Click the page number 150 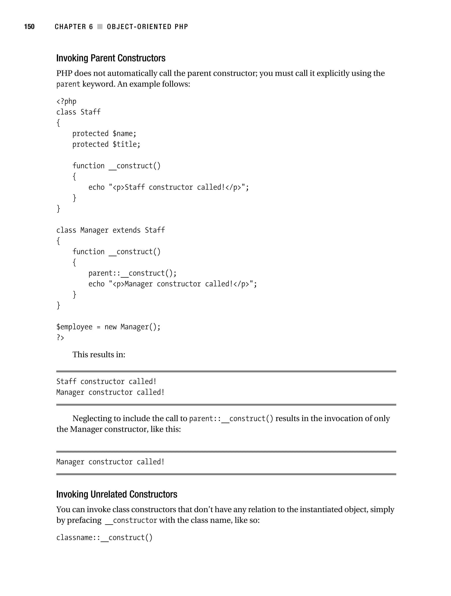click(x=29, y=27)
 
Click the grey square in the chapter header click(x=100, y=27)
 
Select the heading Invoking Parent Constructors click(x=111, y=58)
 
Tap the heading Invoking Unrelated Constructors click(x=117, y=494)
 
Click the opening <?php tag click(x=66, y=101)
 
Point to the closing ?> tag click(x=60, y=337)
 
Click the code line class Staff click(x=78, y=112)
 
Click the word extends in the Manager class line click(x=126, y=230)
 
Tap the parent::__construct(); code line click(x=132, y=273)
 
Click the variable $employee click(x=74, y=327)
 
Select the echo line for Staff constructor click(x=169, y=187)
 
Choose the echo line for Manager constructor click(x=173, y=284)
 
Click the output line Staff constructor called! click(x=106, y=381)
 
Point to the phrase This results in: click(x=99, y=355)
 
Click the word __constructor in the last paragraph click(x=131, y=520)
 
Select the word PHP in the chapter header click(x=181, y=27)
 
